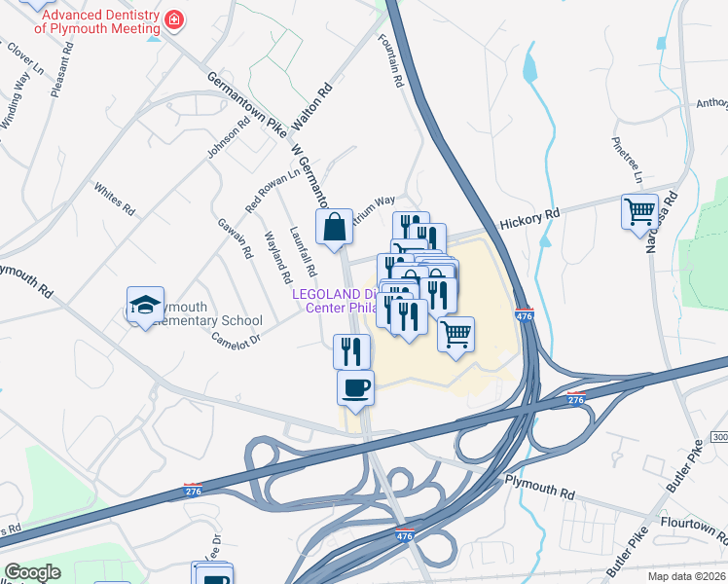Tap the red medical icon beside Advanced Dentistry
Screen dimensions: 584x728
[173, 19]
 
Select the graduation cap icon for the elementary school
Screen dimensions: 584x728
[144, 305]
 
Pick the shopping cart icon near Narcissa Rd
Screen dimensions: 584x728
[639, 211]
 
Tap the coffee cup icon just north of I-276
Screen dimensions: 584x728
[355, 387]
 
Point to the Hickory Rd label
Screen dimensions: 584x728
[529, 213]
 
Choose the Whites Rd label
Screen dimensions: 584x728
[113, 196]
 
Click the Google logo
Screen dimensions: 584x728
[31, 572]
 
